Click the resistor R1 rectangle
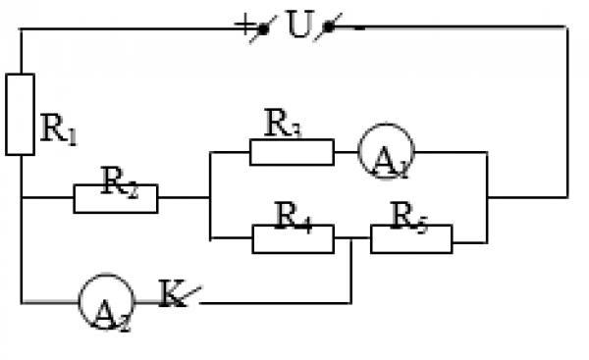tap(20, 114)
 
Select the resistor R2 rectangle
tap(115, 198)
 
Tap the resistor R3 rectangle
tap(292, 151)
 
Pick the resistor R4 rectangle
tap(293, 238)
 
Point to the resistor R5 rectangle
tap(411, 238)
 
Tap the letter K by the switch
tap(173, 295)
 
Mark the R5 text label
tap(408, 211)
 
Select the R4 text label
tap(291, 211)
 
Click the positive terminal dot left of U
tap(263, 27)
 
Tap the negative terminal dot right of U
tap(327, 27)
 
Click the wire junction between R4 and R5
tap(351, 238)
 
